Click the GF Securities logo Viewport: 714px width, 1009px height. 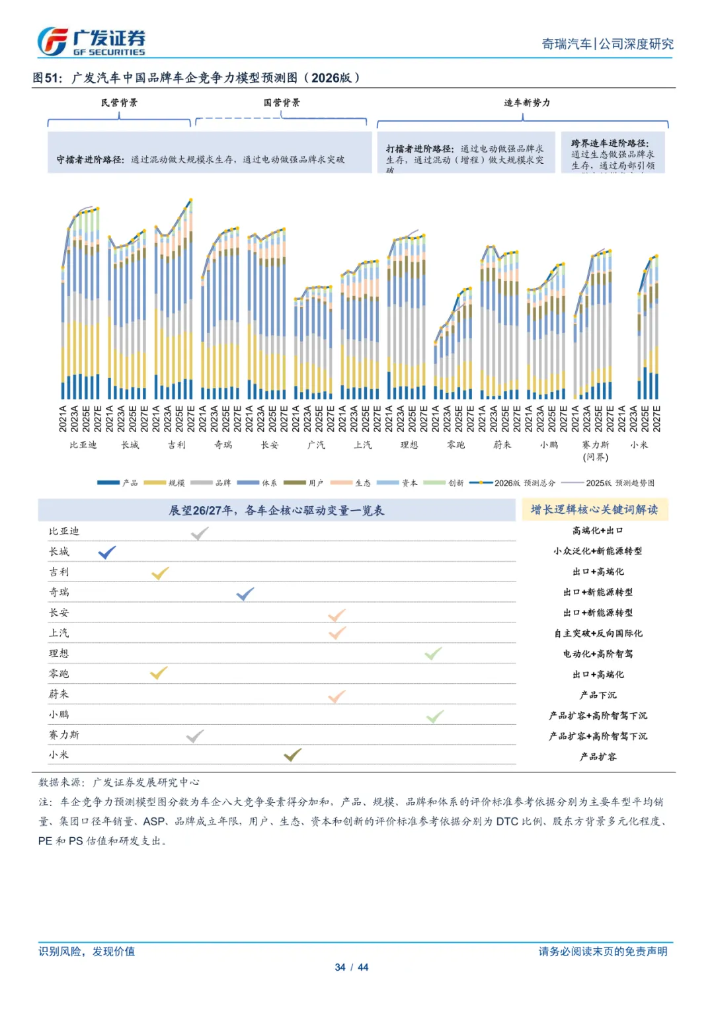[x=91, y=42]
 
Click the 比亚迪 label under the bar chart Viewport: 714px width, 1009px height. [x=83, y=445]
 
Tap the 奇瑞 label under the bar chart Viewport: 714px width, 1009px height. [x=223, y=445]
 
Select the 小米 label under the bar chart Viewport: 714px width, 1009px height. [x=639, y=445]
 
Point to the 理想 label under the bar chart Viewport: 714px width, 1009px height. [x=409, y=445]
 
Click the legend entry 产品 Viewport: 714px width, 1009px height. [x=118, y=483]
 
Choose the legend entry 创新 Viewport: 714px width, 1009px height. [x=444, y=483]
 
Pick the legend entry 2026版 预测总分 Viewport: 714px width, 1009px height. [x=512, y=483]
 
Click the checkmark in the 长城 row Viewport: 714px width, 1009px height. [x=107, y=552]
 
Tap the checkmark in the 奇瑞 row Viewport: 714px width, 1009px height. [x=245, y=593]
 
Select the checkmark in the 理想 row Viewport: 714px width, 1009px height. [x=434, y=654]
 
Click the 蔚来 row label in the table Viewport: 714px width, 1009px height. [x=59, y=694]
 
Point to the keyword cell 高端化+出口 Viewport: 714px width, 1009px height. [x=598, y=531]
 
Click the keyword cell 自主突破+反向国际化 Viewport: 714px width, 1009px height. [x=598, y=633]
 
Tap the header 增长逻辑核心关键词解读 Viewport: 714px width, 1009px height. [x=594, y=509]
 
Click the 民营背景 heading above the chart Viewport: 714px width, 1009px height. [x=120, y=103]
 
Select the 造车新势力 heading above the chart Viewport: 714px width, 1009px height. [x=527, y=103]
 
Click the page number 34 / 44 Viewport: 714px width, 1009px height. [x=351, y=967]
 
